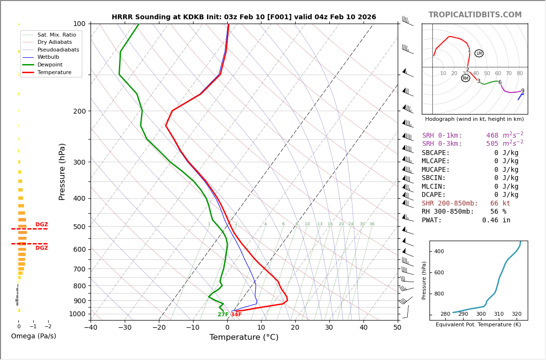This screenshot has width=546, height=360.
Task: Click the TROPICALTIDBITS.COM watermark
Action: tap(475, 15)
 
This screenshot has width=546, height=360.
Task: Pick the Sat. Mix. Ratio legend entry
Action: tap(56, 35)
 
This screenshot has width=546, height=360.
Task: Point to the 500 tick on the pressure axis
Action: tap(79, 227)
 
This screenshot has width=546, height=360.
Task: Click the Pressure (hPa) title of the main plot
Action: tap(62, 171)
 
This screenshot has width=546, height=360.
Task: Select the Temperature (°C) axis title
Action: tap(244, 337)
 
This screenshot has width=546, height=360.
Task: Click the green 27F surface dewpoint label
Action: tap(223, 315)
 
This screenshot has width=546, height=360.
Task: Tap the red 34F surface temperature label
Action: tap(236, 315)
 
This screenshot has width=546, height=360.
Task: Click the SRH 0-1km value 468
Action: tap(492, 136)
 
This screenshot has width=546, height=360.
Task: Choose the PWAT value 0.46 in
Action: tap(496, 220)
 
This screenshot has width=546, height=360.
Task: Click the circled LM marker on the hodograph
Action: tap(479, 53)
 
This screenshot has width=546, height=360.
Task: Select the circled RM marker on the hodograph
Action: tap(466, 78)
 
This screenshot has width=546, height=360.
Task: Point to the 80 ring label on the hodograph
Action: tap(520, 74)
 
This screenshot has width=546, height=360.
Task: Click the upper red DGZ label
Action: tap(42, 225)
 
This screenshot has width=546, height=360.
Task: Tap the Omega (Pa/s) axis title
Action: tap(33, 336)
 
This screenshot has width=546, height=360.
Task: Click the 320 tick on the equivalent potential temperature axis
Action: tap(516, 314)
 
